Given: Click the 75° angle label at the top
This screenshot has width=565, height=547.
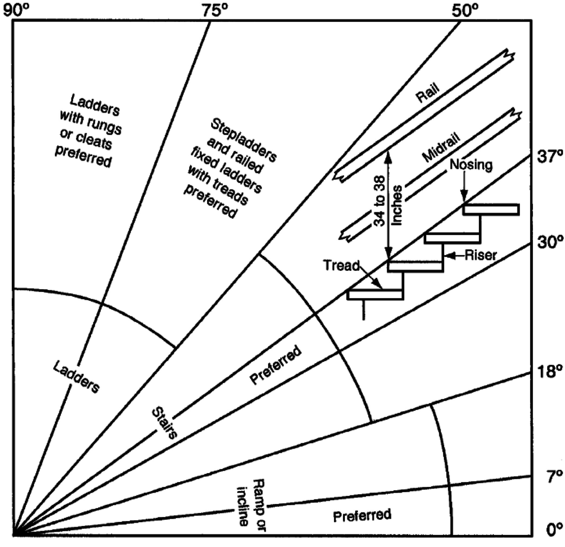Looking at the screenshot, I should (x=215, y=11).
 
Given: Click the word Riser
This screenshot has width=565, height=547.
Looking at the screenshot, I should (x=481, y=255).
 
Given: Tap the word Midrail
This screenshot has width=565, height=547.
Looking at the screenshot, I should (x=441, y=147).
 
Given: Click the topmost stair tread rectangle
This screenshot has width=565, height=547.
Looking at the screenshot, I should (x=491, y=209).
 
